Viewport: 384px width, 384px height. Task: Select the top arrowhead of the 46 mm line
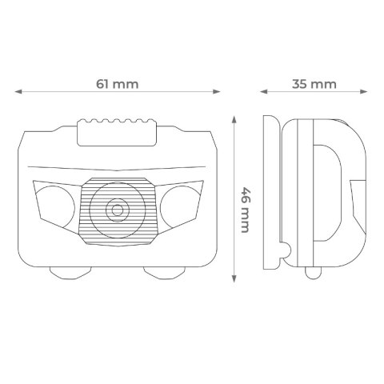[x=234, y=117]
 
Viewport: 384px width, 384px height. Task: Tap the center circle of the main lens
[x=117, y=210]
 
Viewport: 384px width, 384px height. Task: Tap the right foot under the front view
[x=164, y=270]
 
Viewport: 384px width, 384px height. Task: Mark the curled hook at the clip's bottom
[x=283, y=254]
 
